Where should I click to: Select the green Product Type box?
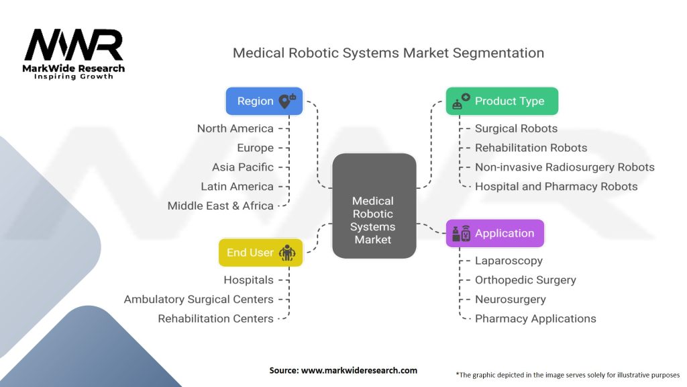(x=502, y=101)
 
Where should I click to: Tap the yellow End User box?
(x=260, y=253)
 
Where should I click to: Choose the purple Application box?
(x=495, y=233)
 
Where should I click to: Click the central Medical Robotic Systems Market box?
(x=374, y=206)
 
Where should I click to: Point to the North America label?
(x=235, y=128)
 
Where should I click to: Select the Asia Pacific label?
(x=243, y=167)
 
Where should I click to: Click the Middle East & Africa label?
(x=221, y=206)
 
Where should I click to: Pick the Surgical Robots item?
(x=516, y=128)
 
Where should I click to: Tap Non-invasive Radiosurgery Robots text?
(x=564, y=167)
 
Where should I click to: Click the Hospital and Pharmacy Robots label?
(x=556, y=186)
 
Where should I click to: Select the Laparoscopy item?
(x=509, y=261)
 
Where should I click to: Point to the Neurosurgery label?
(x=511, y=299)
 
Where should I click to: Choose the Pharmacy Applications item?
(x=535, y=318)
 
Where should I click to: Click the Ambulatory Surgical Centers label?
(x=199, y=299)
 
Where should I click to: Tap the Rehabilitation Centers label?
(x=215, y=318)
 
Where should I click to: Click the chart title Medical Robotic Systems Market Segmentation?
(x=388, y=52)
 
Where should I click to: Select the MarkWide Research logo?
(x=74, y=54)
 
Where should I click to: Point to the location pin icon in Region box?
(x=286, y=101)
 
